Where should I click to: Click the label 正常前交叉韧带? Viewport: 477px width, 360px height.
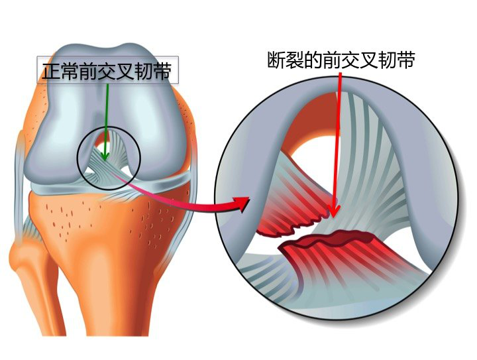[x=107, y=71]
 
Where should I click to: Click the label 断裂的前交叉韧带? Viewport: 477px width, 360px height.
[x=341, y=60]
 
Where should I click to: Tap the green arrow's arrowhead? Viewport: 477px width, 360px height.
[x=105, y=156]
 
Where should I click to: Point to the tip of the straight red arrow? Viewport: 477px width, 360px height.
[x=334, y=217]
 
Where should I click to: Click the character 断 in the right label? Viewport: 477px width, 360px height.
[x=276, y=60]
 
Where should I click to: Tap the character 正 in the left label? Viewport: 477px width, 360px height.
[x=51, y=71]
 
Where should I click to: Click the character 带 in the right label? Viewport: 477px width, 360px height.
[x=406, y=60]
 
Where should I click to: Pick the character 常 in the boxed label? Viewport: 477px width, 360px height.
[x=70, y=71]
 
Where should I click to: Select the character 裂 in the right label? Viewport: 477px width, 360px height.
[x=295, y=60]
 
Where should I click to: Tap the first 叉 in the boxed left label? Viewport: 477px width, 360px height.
[x=125, y=71]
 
